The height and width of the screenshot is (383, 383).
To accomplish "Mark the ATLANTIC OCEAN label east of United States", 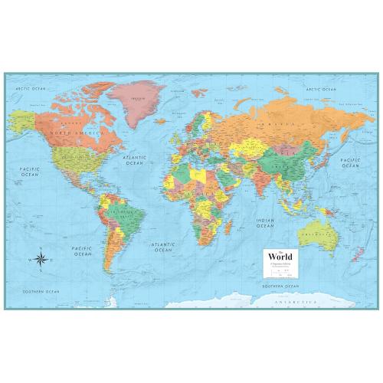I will (135, 160).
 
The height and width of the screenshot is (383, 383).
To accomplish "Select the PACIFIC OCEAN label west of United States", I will (31, 172).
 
